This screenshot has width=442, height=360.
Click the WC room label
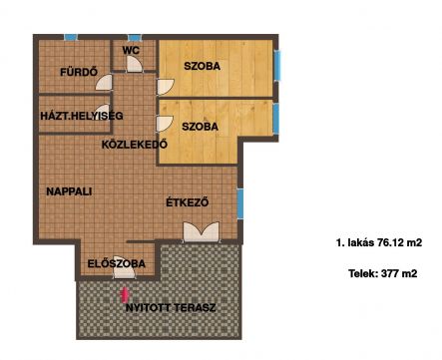click(x=131, y=51)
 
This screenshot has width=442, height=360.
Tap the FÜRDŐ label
click(x=79, y=72)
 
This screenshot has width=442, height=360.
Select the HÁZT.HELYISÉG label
click(x=82, y=116)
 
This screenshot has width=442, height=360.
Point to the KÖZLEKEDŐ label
click(x=135, y=145)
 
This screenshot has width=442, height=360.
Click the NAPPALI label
click(x=69, y=191)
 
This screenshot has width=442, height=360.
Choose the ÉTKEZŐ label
click(x=188, y=202)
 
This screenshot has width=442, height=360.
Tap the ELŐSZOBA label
click(x=117, y=263)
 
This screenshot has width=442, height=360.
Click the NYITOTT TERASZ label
click(x=171, y=307)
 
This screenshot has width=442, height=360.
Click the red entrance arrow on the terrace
click(x=125, y=295)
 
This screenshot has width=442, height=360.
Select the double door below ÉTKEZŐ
click(x=202, y=231)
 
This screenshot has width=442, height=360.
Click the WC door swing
click(x=135, y=64)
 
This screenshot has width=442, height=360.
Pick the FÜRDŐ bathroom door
click(x=104, y=82)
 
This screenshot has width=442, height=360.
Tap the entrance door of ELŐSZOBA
click(x=124, y=267)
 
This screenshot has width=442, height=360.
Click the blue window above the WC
click(x=135, y=38)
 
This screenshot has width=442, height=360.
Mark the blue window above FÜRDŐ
click(x=71, y=37)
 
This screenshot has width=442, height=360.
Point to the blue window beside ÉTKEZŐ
click(x=240, y=203)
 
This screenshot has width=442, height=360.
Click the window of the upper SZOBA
click(x=277, y=65)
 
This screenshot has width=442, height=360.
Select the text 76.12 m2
click(x=399, y=242)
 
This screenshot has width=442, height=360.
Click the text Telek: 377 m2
click(x=383, y=273)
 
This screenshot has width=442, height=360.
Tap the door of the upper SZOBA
click(x=166, y=87)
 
